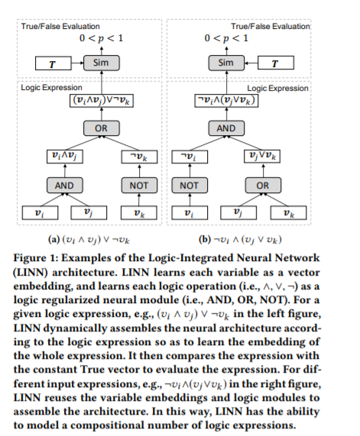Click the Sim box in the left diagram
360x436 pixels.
102,63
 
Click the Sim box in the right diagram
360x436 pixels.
226,63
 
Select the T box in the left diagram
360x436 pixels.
54,63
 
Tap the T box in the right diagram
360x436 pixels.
276,63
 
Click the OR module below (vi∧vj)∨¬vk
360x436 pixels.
102,128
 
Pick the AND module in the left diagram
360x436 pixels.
65,186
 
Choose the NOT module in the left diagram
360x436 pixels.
139,186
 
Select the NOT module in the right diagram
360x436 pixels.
190,186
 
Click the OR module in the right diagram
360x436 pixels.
263,186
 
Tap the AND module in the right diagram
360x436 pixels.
226,128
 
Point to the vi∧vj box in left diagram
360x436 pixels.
65,157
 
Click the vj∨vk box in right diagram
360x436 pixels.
262,157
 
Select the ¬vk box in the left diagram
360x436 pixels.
139,157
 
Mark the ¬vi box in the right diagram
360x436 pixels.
190,157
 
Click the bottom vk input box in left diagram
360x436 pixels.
139,213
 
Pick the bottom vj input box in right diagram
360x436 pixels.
238,213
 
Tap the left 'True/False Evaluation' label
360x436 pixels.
60,27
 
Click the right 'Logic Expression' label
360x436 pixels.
278,89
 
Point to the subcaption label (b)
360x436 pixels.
205,240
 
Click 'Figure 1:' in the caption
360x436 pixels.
36,258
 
